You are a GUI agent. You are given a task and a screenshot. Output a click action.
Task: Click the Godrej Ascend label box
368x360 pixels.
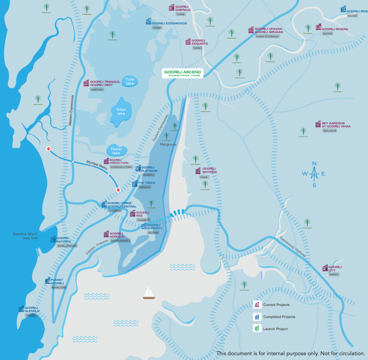pyautogui.click(x=182, y=73)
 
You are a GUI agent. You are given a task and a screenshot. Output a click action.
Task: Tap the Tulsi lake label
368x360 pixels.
pyautogui.click(x=129, y=81)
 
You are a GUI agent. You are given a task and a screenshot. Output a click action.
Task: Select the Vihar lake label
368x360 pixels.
pyautogui.click(x=121, y=111)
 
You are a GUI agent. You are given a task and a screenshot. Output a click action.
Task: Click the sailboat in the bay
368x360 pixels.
pyautogui.click(x=149, y=293)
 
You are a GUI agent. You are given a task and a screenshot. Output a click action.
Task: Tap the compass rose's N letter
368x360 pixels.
pyautogui.click(x=314, y=163)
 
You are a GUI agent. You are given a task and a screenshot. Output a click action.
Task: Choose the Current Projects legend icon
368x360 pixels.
pyautogui.click(x=257, y=305)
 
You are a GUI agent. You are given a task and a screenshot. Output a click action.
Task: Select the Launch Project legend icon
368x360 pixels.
pyautogui.click(x=257, y=329)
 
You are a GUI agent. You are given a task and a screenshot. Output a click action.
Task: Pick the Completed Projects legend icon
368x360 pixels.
pyautogui.click(x=257, y=317)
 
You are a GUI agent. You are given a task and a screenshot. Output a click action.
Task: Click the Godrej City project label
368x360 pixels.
pyautogui.click(x=335, y=268)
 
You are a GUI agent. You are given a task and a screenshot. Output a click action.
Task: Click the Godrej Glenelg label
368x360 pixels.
pyautogui.click(x=31, y=309)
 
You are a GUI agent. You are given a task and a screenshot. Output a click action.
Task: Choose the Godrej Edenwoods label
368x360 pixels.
pyautogui.click(x=169, y=22)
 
